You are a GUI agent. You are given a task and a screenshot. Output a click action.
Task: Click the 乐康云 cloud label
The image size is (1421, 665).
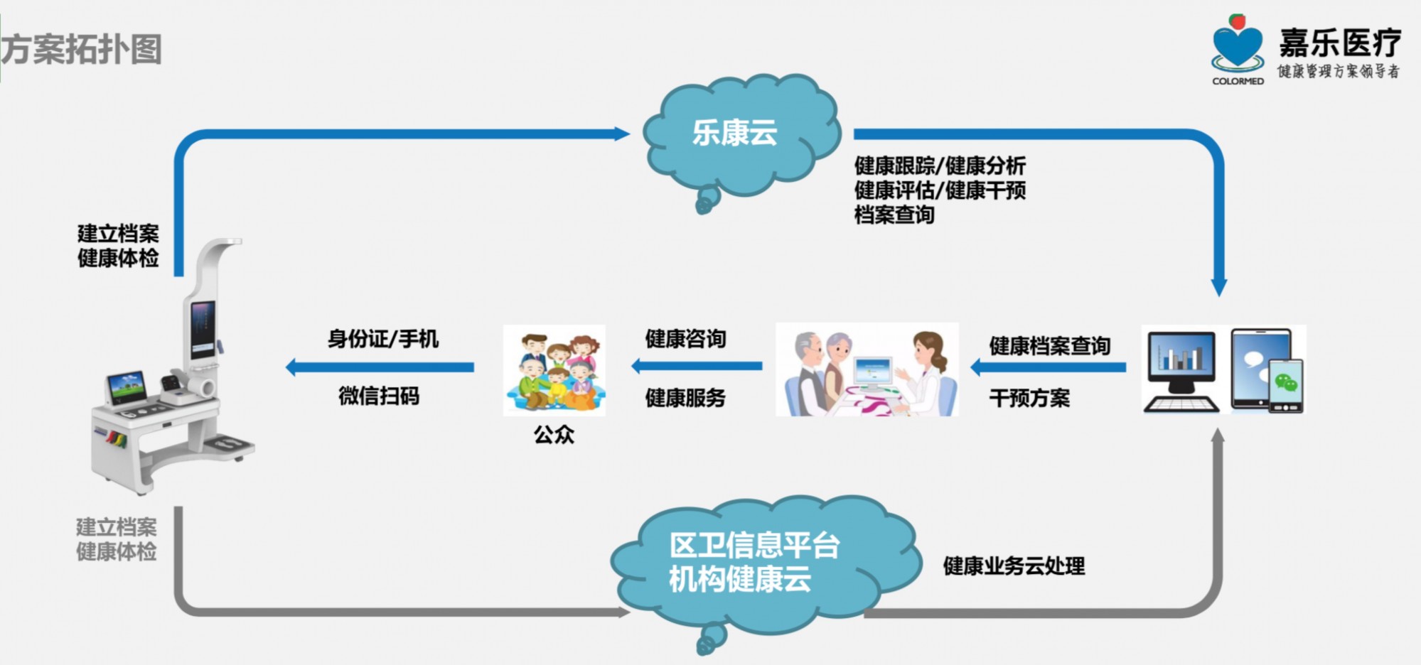tap(735, 133)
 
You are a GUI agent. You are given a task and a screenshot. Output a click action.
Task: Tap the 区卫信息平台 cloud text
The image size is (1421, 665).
tap(754, 546)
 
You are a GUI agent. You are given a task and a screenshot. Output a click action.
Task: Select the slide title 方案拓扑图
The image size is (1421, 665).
tap(81, 49)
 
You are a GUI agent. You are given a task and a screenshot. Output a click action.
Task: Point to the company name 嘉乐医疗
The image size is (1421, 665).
tap(1340, 43)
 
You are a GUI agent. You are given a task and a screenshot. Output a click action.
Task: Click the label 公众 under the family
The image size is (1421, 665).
tap(554, 434)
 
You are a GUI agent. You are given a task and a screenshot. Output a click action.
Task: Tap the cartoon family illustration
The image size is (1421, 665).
tap(554, 370)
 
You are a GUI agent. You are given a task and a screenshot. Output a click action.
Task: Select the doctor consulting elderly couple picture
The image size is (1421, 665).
tap(867, 369)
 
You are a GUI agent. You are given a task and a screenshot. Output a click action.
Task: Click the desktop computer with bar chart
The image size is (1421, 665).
tap(1181, 372)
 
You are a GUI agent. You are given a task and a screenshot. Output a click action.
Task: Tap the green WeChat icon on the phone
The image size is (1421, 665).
tap(1286, 384)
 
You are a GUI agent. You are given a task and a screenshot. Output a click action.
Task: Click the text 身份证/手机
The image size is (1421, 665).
tap(382, 339)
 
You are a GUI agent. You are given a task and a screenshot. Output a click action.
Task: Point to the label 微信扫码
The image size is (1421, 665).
tap(379, 396)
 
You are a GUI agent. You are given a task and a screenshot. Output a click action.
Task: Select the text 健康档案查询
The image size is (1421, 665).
tap(1049, 346)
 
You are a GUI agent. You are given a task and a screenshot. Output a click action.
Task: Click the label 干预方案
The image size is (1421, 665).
tap(1029, 398)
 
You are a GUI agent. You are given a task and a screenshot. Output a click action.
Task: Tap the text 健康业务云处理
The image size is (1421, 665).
tap(1014, 566)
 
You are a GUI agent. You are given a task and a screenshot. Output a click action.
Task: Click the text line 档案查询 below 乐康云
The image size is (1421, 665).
tap(894, 215)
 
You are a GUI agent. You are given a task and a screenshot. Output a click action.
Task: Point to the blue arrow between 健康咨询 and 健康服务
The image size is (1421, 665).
tap(697, 367)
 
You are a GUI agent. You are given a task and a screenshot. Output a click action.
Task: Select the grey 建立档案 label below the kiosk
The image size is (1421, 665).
tap(117, 527)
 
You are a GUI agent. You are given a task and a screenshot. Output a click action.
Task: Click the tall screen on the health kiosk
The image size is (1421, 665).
tap(203, 329)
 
